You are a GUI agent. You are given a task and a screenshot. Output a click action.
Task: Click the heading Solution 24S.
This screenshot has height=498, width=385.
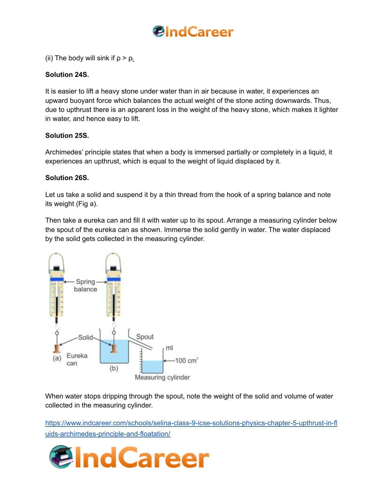click(x=67, y=75)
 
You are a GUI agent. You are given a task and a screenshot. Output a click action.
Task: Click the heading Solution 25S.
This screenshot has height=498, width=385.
click(x=67, y=135)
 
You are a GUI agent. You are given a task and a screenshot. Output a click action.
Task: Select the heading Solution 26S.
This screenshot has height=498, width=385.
click(x=67, y=178)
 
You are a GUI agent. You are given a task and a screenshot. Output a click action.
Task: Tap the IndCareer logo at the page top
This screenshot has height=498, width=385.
click(x=193, y=32)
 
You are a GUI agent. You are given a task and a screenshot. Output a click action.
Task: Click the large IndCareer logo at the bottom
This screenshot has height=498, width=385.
click(x=129, y=457)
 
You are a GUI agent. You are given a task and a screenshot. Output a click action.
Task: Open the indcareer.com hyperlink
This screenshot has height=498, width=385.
click(x=191, y=423)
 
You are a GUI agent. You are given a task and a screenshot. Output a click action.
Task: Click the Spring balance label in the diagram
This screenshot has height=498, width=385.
click(x=85, y=285)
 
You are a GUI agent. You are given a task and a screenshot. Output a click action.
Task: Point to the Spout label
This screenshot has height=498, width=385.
click(x=145, y=337)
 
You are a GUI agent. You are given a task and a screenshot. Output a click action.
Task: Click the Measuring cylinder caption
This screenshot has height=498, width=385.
click(x=162, y=377)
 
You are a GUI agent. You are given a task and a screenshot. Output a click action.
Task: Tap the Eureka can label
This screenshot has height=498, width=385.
click(x=77, y=359)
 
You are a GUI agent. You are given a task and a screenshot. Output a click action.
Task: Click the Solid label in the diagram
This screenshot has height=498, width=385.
click(x=85, y=337)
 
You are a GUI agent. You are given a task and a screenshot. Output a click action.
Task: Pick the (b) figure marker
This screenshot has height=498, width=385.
click(x=114, y=368)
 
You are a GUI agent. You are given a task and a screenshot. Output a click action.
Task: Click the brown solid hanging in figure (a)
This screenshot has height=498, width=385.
click(x=56, y=349)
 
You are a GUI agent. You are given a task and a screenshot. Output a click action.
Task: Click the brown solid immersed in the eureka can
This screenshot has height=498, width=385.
click(x=114, y=349)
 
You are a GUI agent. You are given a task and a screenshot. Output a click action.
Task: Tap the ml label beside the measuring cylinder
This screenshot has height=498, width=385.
click(x=169, y=348)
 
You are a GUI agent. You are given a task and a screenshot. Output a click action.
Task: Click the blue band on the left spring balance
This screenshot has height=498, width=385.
click(x=57, y=280)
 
